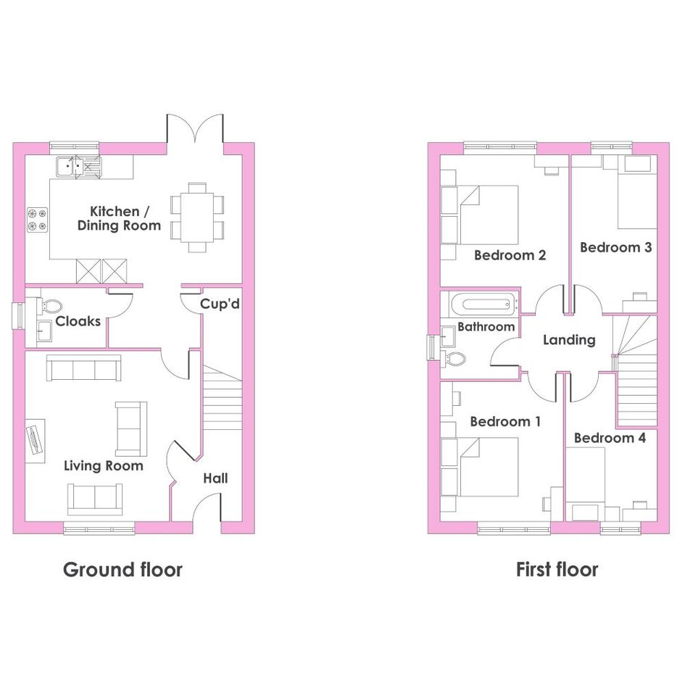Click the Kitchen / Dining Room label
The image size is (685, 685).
pos(120,218)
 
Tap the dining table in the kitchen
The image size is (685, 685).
pos(197,217)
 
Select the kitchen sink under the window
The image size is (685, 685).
pos(78,167)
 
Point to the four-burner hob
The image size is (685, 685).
pos(37,220)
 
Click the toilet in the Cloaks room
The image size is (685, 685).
pos(51,305)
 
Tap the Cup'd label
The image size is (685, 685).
pos(220,304)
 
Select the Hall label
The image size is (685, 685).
pos(215,478)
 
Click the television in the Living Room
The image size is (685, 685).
pos(35,441)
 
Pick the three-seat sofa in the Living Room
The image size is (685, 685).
pos(84,368)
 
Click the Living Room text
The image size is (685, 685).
pos(104,465)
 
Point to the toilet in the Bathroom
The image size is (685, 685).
pos(454,360)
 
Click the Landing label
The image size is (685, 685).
pos(569,340)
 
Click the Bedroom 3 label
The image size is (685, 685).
pos(616,247)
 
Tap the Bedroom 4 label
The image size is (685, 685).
pos(610,438)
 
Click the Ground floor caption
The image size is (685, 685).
pos(123,570)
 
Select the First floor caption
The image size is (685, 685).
pos(557,570)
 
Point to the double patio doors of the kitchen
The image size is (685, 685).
pos(195,129)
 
